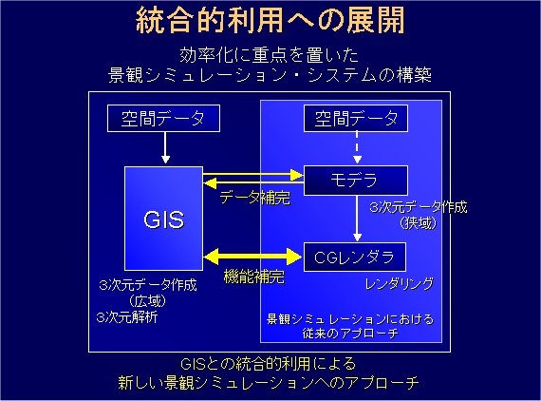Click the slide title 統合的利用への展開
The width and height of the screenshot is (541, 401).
pos(270,20)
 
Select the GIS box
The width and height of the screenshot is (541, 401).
pos(163,219)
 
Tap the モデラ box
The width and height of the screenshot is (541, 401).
pos(355,181)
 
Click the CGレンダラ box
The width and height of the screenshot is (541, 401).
pos(355,257)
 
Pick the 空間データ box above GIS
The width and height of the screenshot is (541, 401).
pos(163,118)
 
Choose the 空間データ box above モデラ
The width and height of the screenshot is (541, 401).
pos(356,118)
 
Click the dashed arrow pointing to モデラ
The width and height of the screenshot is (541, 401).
pos(357,147)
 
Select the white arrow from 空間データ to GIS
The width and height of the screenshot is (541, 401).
pos(165,148)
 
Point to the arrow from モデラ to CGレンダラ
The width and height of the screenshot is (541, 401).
pos(357,219)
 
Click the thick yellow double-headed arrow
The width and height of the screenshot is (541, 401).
pos(252,257)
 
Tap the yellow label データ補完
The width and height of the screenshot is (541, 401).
pos(255,198)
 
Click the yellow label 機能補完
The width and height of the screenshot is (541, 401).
pos(254,277)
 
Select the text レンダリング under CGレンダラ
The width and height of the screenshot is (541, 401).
pos(400,284)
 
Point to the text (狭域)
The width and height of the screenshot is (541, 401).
pos(419,223)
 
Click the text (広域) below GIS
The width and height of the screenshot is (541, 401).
pos(148,301)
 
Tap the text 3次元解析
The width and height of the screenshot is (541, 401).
pos(127,317)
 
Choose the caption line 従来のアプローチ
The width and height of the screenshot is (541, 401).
pos(350,334)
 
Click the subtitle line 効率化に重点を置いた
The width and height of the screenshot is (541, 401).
pos(270,55)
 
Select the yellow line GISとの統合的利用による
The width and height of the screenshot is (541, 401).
pos(268,364)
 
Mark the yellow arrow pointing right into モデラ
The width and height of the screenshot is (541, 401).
pos(252,175)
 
